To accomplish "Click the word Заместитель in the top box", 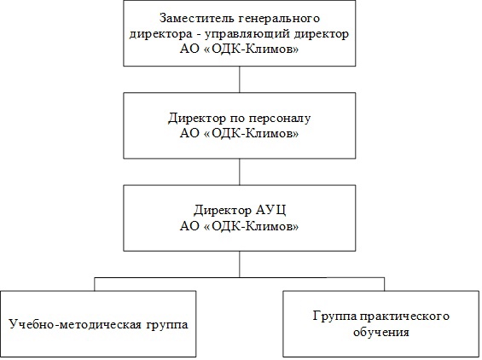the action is [197, 18].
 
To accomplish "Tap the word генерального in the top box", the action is [279, 19].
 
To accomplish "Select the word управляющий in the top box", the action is [247, 35].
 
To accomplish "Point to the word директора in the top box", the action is [160, 35].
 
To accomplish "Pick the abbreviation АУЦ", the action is [270, 210].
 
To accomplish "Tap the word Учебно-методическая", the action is [76, 325].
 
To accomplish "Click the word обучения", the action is [380, 332].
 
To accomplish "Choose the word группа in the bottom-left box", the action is [167, 325].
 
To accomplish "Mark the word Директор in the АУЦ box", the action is [223, 211].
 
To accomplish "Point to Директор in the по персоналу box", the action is [196, 119].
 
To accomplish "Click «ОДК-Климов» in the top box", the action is [251, 49].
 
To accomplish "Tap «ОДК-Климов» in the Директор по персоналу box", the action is [251, 133].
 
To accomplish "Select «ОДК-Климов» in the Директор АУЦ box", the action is [251, 226].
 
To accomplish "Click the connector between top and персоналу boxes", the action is [240, 79].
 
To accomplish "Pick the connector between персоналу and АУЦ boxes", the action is [240, 171].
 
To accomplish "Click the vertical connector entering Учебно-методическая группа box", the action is [95, 284].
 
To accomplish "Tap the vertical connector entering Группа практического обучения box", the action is [384, 284].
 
